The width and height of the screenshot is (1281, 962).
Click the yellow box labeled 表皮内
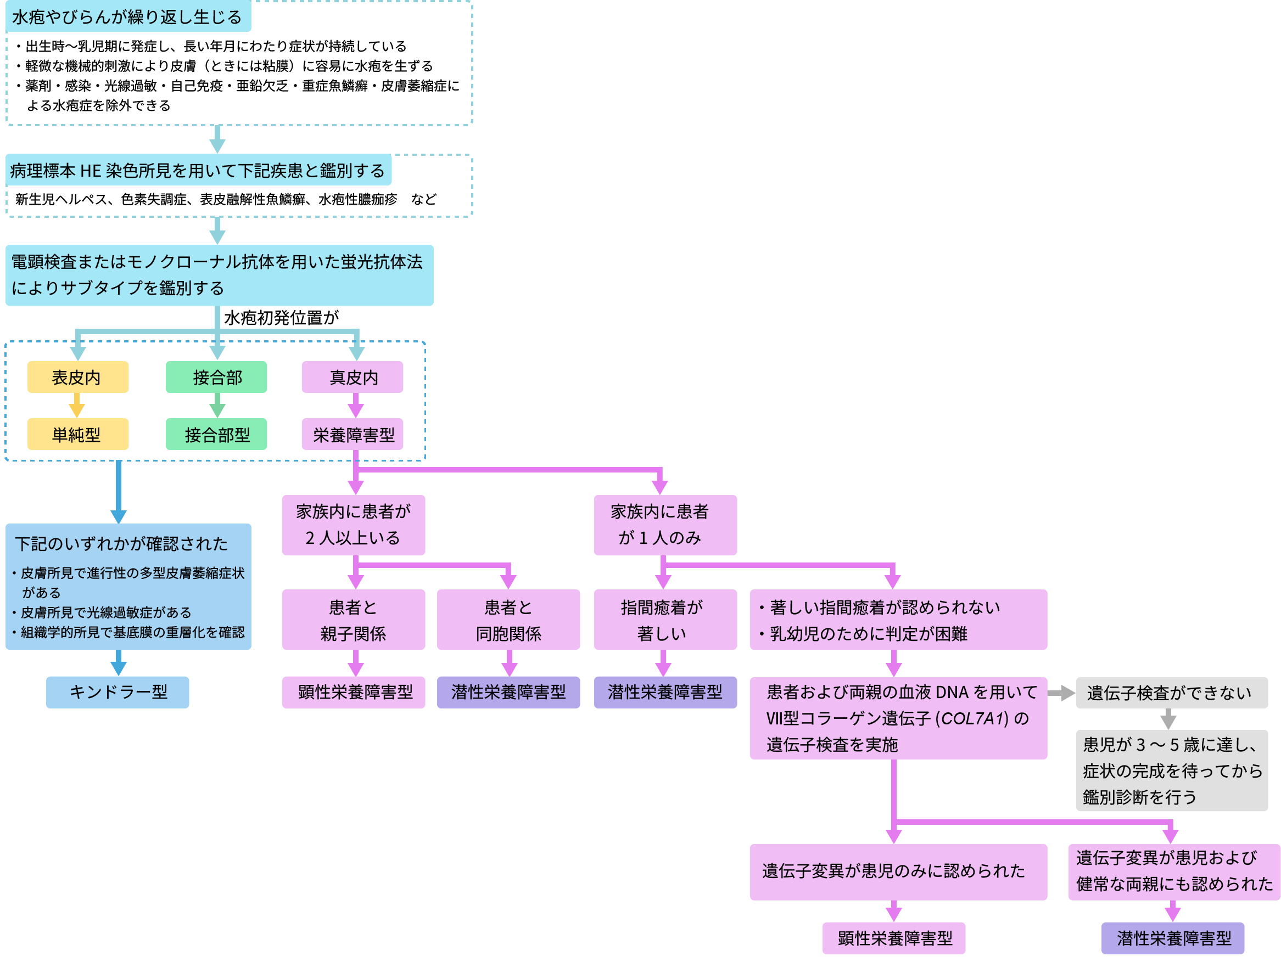tap(77, 378)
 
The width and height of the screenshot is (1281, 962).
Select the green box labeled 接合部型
tap(216, 435)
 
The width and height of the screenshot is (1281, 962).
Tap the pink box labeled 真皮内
tap(353, 378)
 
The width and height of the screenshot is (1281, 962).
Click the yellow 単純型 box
tap(77, 435)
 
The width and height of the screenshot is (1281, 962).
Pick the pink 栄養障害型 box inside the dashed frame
tap(353, 435)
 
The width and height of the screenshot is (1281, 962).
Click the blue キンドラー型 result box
tap(118, 692)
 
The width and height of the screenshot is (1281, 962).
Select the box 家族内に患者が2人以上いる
tap(353, 525)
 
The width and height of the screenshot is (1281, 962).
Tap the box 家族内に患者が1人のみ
tap(665, 525)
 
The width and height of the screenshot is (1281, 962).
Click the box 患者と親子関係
tap(353, 620)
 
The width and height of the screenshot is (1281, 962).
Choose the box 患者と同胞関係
tap(508, 620)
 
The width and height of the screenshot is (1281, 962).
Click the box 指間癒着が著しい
tap(665, 620)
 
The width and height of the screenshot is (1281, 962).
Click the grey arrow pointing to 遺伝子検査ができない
tap(1061, 693)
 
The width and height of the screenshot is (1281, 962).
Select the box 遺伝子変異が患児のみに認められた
tap(898, 871)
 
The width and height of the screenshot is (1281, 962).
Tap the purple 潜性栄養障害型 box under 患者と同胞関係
tap(508, 692)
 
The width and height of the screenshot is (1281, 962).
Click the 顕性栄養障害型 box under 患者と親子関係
tap(353, 692)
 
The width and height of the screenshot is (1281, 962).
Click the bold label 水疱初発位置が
tap(282, 318)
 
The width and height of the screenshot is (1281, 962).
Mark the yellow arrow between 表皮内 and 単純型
tap(77, 406)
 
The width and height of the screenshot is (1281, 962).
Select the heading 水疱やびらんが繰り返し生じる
tap(127, 18)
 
